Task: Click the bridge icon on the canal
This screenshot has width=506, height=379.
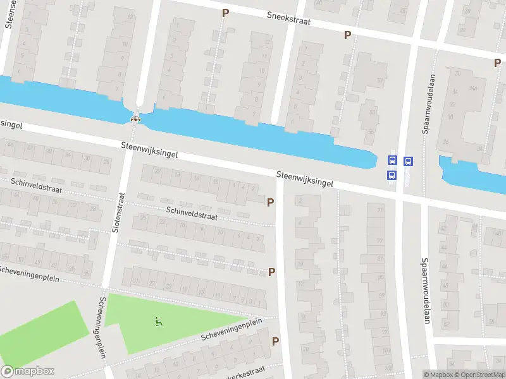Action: pos(135,118)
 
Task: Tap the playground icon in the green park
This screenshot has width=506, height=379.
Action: pos(157,322)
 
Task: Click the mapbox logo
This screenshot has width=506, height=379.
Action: pos(28,371)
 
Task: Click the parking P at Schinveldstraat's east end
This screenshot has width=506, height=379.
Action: pos(271,202)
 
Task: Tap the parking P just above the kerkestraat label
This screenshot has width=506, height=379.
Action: pos(275,341)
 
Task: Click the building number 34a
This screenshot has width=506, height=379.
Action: pos(472,88)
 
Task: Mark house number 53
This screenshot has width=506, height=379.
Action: pos(371,112)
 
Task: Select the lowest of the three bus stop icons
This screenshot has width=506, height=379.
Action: pos(392,176)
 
